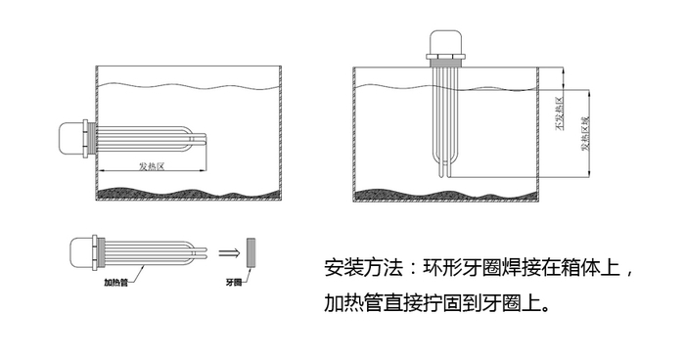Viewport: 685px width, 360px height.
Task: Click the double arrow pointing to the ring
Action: point(227,252)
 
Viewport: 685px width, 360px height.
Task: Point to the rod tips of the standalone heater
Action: point(206,252)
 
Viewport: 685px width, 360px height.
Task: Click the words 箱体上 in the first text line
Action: point(587,267)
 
